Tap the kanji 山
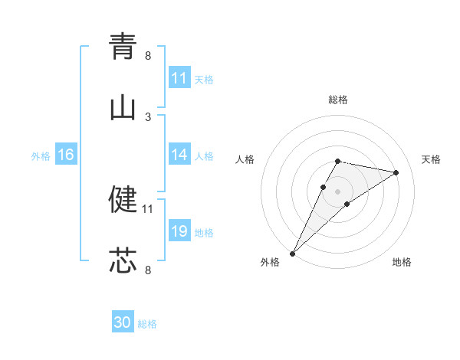point(123,108)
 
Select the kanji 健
point(123,199)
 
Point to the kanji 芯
point(123,260)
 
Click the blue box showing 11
point(179,78)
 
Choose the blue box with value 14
point(179,155)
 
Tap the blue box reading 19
point(179,231)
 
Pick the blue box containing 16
point(66,155)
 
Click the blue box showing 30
point(123,322)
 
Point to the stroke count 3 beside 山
point(148,116)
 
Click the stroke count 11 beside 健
point(148,208)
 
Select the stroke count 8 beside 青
point(148,55)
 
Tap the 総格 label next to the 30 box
point(148,324)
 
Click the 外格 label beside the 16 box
point(41,156)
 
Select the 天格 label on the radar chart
point(432,159)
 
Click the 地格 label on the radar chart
point(402,263)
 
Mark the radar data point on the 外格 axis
point(292,254)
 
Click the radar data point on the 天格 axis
point(396,172)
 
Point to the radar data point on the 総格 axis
point(337,161)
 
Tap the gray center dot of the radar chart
point(337,191)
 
